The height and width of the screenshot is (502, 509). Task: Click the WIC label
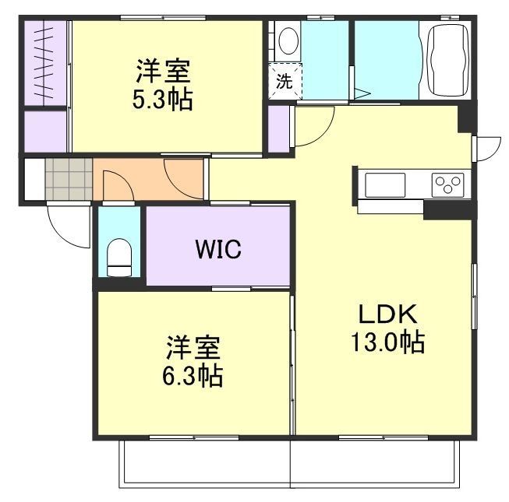tap(218, 249)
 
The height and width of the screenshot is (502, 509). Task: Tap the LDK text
tap(387, 314)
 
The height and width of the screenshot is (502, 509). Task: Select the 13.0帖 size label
tap(387, 342)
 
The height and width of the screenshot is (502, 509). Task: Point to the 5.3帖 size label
tap(162, 99)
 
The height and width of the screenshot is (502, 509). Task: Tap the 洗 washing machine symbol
tap(285, 81)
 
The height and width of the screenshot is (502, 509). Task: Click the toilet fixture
tap(119, 258)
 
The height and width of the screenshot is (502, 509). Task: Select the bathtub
tap(449, 60)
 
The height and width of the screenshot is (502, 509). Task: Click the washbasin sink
tap(288, 40)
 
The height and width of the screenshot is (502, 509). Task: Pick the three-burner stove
tap(447, 184)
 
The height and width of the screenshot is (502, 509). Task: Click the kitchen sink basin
tap(385, 185)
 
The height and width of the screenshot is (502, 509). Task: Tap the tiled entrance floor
tap(69, 178)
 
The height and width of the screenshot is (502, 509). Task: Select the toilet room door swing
tap(118, 186)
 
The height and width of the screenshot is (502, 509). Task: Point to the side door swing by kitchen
tap(488, 149)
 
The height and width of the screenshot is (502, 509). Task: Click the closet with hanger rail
tap(45, 63)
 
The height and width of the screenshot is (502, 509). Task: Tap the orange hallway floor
tap(148, 179)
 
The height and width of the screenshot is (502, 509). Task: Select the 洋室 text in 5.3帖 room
tap(163, 71)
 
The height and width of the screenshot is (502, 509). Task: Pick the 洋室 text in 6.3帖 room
tap(193, 347)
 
